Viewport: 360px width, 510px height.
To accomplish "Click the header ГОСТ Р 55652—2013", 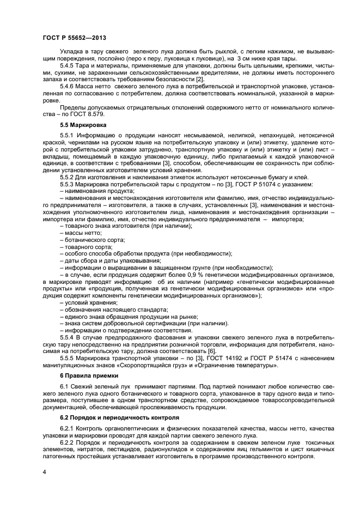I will click(74, 38).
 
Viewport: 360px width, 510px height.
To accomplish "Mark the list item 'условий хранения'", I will click(88, 302).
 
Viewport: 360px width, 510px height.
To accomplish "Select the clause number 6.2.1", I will click(68, 428).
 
